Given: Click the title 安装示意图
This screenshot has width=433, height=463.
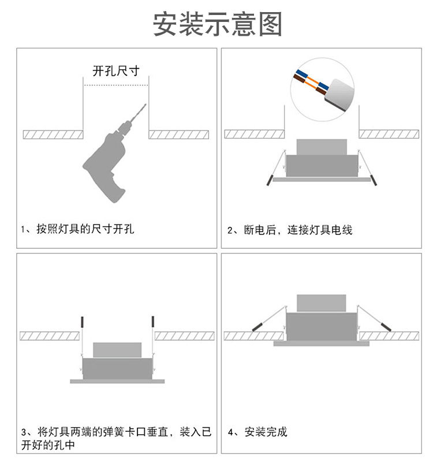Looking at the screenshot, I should click(x=217, y=24).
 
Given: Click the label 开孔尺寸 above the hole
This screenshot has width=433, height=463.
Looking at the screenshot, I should click(x=116, y=72).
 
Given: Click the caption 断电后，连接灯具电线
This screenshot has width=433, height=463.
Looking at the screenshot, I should click(x=290, y=230).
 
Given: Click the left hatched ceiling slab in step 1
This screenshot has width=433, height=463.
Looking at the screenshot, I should click(x=53, y=135).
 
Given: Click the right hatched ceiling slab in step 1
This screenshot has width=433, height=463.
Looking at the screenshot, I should click(x=178, y=135).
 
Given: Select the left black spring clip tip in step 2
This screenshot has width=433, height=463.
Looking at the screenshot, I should click(x=269, y=180).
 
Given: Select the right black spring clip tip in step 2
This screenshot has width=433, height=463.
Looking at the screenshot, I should click(x=375, y=180).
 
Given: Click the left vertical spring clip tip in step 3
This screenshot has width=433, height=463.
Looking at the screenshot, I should click(x=83, y=321).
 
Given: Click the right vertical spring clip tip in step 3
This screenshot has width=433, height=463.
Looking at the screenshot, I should click(x=153, y=321).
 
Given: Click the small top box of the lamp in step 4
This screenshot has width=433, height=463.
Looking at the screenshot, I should click(x=321, y=303).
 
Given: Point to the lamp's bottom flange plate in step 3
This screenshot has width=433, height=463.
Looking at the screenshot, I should click(x=117, y=381).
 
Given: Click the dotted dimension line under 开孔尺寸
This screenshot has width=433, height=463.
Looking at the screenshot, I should click(x=116, y=85).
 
